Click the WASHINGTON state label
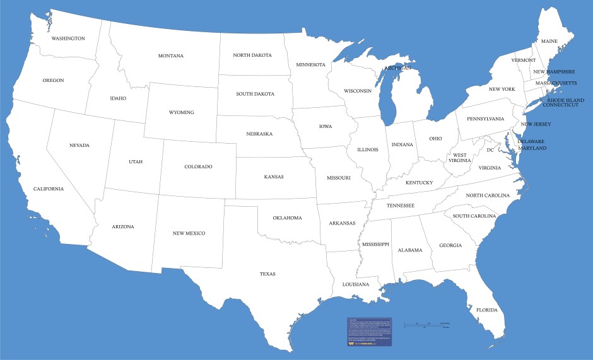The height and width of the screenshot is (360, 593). click(x=68, y=38)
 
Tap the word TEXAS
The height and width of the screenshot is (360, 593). click(x=267, y=274)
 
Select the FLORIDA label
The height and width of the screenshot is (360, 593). click(x=486, y=310)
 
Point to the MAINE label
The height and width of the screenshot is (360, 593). click(x=549, y=42)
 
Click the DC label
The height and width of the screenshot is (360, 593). click(x=490, y=150)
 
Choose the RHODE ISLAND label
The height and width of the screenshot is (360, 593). click(x=565, y=100)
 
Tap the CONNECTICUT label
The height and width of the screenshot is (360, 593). click(x=561, y=105)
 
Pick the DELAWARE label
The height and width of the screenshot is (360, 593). click(x=531, y=142)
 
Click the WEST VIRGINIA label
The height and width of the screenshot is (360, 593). click(x=460, y=158)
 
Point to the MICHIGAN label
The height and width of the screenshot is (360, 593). click(x=398, y=67)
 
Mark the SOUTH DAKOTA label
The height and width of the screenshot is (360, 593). click(x=255, y=94)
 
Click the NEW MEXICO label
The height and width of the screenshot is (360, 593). click(x=189, y=233)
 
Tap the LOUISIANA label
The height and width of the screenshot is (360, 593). click(x=356, y=284)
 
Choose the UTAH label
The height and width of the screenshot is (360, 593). click(x=136, y=161)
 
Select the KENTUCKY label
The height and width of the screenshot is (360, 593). click(x=419, y=183)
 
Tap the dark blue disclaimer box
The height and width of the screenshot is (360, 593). click(x=370, y=332)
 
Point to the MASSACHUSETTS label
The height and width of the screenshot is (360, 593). click(x=556, y=83)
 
